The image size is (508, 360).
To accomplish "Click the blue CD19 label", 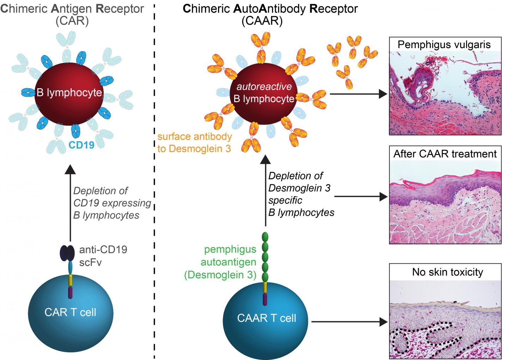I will click(x=81, y=145).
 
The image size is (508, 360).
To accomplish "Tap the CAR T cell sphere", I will click(x=71, y=312).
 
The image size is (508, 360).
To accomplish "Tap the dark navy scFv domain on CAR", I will click(x=67, y=253).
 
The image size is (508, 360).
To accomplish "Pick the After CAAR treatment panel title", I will click(x=445, y=154).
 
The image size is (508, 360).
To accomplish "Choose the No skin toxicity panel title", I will click(x=447, y=272).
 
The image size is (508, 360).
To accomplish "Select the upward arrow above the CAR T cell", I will click(x=71, y=205).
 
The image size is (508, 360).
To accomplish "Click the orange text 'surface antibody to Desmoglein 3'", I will click(x=194, y=143).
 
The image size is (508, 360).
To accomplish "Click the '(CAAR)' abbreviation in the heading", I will click(x=262, y=22).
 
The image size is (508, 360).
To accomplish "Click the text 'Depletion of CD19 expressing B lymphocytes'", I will click(x=112, y=203).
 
